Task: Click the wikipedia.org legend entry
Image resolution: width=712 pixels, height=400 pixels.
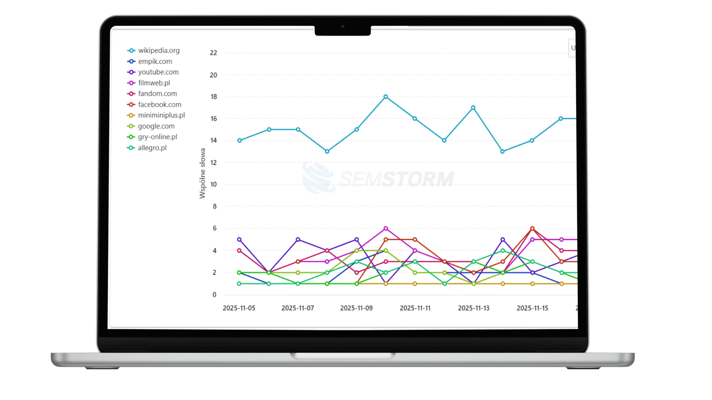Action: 158,50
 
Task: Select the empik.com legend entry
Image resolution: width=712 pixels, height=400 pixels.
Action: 155,61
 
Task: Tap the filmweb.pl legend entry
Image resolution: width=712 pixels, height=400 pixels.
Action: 154,83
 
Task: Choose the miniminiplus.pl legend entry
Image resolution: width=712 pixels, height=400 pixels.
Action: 161,115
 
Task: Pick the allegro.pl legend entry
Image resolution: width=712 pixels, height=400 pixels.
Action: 152,148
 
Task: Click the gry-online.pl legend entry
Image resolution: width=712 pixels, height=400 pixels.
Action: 157,137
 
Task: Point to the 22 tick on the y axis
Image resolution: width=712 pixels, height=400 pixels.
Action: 213,53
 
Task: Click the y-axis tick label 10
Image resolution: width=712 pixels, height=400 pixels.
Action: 213,184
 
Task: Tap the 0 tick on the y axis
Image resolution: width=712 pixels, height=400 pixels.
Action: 214,295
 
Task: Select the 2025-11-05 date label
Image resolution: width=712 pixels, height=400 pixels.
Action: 239,308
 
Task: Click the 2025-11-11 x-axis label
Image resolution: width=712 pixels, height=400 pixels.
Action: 415,308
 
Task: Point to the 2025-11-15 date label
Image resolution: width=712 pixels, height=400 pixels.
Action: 532,308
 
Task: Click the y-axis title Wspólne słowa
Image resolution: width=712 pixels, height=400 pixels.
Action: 202,173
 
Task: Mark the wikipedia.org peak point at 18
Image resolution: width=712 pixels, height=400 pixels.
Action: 386,97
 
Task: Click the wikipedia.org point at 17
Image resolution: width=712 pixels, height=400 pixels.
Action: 473,108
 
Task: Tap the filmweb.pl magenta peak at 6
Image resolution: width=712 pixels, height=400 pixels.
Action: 386,229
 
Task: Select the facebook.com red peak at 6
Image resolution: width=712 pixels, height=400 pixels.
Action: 532,229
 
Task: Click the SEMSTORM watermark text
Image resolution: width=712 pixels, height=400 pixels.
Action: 396,179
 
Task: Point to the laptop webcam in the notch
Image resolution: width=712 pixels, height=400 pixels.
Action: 343,27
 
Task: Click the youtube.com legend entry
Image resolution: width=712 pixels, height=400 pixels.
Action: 158,72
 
